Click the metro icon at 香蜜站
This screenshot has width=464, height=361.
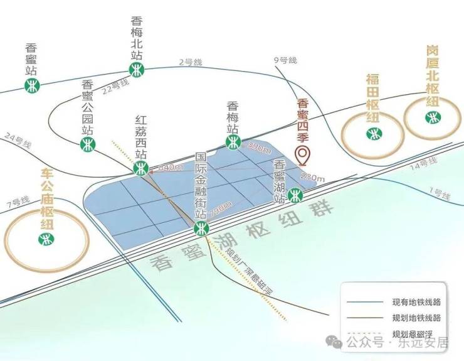pyautogui.click(x=33, y=85)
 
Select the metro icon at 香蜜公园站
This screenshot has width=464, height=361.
pyautogui.click(x=88, y=145)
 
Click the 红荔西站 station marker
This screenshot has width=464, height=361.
pyautogui.click(x=141, y=168)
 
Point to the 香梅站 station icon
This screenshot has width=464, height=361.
pyautogui.click(x=233, y=143)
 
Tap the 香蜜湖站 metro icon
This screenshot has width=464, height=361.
pyautogui.click(x=295, y=196)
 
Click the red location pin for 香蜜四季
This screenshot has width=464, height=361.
pyautogui.click(x=303, y=154)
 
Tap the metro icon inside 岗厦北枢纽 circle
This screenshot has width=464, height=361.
pyautogui.click(x=432, y=117)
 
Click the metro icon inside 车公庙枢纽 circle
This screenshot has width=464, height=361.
pyautogui.click(x=45, y=239)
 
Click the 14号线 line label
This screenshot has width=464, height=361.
pyautogui.click(x=423, y=165)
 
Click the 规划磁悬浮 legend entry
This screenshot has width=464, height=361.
pyautogui.click(x=413, y=333)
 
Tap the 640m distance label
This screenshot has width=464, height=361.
pyautogui.click(x=170, y=168)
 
